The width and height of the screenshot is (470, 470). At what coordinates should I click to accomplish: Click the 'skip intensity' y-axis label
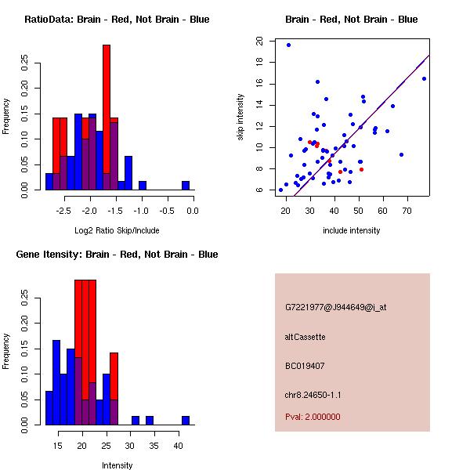(241, 117)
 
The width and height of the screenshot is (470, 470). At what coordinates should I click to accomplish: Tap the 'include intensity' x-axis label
(351, 230)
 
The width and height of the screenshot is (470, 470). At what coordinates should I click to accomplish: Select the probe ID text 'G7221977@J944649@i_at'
(335, 307)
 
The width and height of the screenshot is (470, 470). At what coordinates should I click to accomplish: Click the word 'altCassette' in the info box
(305, 337)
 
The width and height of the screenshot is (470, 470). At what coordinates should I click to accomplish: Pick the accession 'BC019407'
(305, 366)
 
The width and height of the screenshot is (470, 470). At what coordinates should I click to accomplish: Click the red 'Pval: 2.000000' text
(313, 417)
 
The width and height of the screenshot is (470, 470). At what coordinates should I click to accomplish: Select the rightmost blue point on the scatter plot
(424, 78)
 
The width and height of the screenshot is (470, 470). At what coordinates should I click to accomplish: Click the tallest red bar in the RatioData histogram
(107, 110)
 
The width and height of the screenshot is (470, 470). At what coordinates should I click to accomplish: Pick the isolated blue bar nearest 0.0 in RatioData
(186, 186)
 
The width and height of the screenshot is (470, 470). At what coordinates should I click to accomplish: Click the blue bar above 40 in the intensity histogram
(186, 421)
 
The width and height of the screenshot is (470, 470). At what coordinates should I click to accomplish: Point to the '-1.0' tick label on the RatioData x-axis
(141, 210)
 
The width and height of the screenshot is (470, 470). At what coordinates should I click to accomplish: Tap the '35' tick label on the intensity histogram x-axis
(154, 445)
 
